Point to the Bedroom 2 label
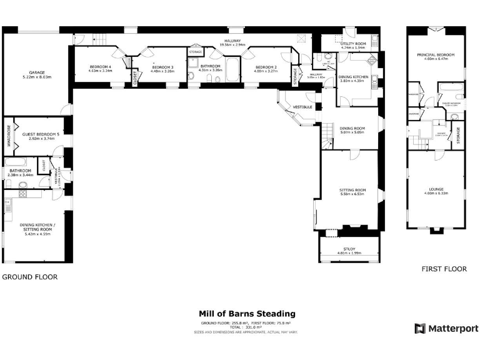[x=264, y=67]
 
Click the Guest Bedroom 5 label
[x=41, y=134]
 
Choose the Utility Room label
[x=353, y=44]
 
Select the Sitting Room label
[x=352, y=190]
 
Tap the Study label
[x=349, y=249]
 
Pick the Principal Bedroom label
[x=436, y=55]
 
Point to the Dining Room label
[x=352, y=129]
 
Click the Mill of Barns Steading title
[x=247, y=314]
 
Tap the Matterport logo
[x=446, y=328]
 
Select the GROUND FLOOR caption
[x=29, y=276]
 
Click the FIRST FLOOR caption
[x=444, y=269]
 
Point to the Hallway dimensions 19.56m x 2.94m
[x=234, y=45]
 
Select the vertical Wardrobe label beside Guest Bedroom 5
[x=9, y=134]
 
